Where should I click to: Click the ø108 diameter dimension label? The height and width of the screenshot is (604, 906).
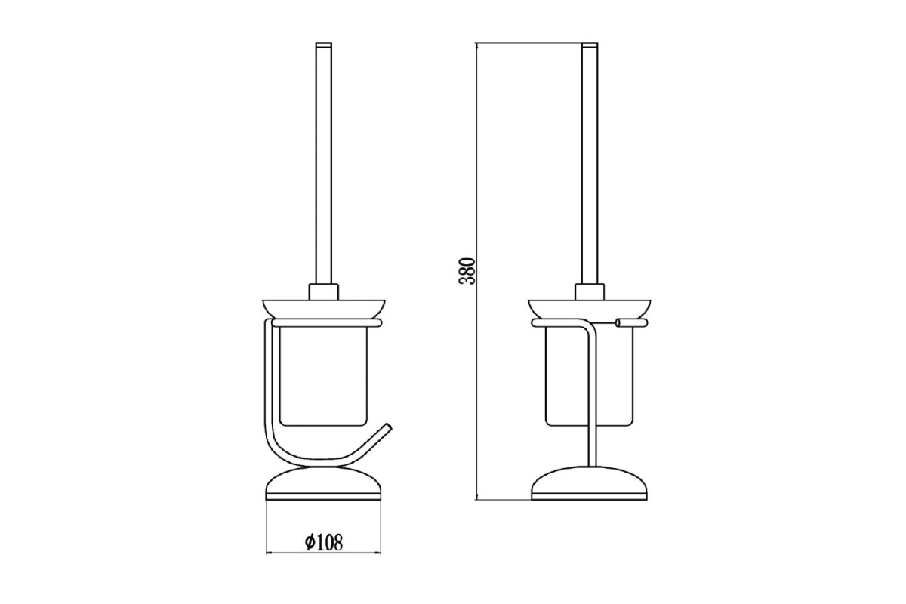click(x=324, y=543)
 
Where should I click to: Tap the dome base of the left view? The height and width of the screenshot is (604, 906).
click(x=324, y=485)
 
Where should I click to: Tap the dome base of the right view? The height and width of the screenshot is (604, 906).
click(x=589, y=484)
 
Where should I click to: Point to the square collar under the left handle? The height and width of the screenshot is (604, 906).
click(x=324, y=291)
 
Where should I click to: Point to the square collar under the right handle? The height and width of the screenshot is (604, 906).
click(x=590, y=291)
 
